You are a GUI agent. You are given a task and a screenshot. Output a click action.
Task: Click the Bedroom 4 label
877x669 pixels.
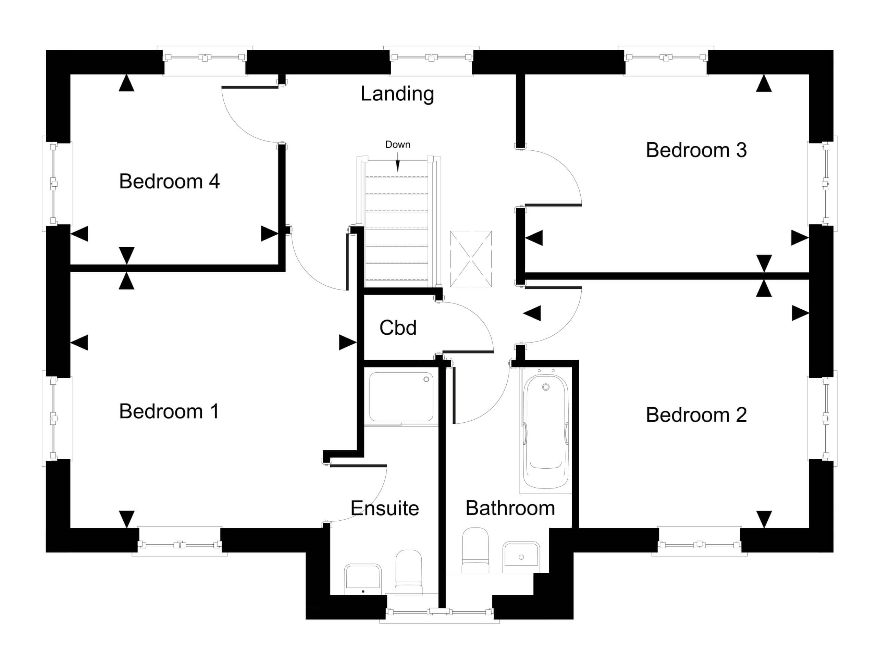click(169, 181)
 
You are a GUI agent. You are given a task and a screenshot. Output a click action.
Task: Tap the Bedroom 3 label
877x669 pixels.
click(696, 150)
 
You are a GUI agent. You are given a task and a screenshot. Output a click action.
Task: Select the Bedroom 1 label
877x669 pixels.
click(169, 411)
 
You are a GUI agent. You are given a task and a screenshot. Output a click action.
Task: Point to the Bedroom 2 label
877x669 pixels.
click(696, 415)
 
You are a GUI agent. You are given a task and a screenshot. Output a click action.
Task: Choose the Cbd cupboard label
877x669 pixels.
click(398, 328)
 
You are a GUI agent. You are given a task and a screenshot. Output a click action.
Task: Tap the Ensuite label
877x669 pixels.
click(385, 509)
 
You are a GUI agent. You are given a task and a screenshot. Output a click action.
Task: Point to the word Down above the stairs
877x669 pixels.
click(397, 145)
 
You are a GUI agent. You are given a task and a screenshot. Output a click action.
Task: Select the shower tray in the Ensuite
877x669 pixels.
click(401, 397)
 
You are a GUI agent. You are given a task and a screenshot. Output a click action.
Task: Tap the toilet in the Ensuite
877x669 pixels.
click(409, 573)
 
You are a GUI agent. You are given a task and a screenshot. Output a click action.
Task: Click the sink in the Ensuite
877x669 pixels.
click(362, 578)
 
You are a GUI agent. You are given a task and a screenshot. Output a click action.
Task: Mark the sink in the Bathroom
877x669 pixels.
click(521, 554)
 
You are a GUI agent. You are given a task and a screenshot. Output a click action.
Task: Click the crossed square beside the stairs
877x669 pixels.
click(471, 259)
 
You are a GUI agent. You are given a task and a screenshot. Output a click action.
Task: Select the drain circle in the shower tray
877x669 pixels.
click(426, 379)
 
